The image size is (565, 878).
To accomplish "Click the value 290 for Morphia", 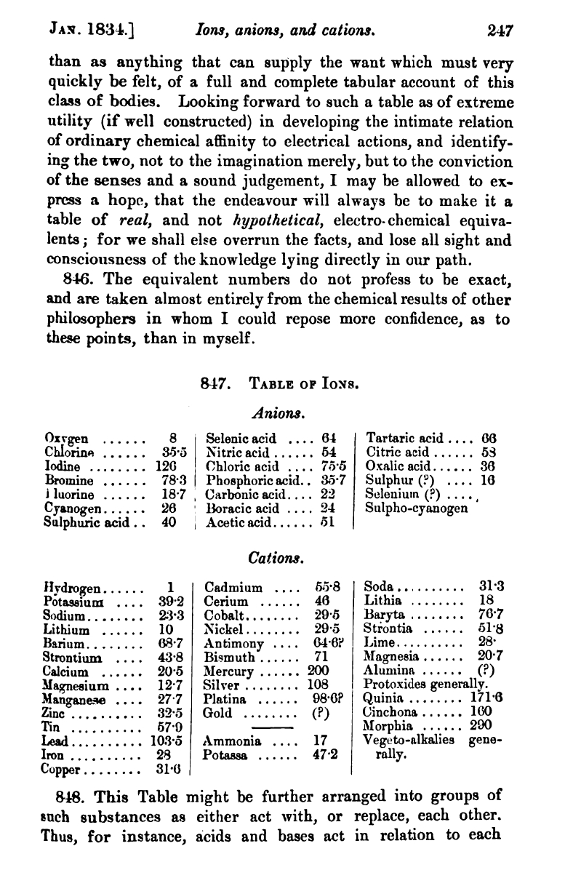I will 481,725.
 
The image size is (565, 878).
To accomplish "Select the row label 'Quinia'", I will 382,698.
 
